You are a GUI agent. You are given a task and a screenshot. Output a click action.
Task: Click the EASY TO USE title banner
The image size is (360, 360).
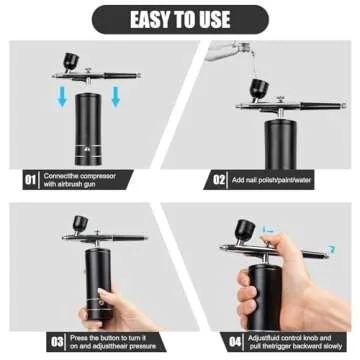(x=180, y=18)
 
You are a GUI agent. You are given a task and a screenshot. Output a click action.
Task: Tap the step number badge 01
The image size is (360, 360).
(x=31, y=180)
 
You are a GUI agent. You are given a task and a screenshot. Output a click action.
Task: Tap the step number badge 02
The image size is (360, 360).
(x=220, y=180)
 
